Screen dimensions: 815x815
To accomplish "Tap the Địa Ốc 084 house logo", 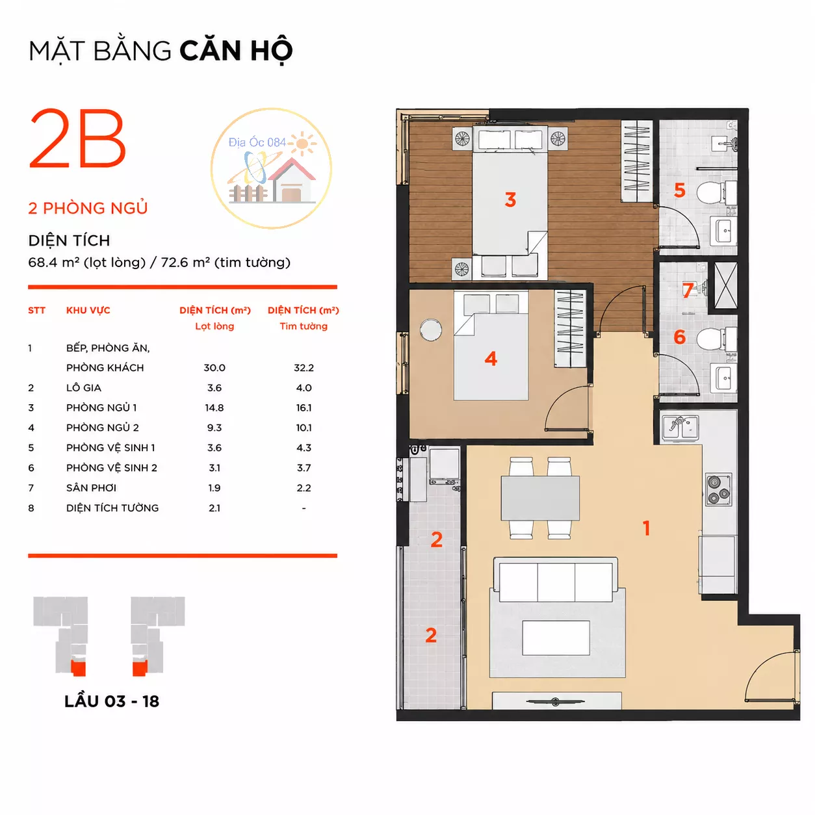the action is [271, 168].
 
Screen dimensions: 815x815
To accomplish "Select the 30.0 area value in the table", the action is [214, 368].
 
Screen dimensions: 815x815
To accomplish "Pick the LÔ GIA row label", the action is [84, 387].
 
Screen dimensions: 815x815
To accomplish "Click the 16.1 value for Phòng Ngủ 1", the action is [304, 407].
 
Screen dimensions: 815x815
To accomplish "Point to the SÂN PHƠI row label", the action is [91, 487].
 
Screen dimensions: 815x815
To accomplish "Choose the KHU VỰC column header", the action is [88, 311].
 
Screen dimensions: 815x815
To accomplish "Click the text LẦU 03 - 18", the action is [112, 701].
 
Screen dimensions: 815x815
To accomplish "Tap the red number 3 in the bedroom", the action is [510, 200].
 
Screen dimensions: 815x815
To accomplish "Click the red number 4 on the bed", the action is [491, 359].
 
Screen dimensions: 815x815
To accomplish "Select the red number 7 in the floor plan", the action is [688, 290].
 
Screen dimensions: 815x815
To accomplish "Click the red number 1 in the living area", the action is [646, 528].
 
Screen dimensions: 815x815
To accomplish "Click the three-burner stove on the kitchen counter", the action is [719, 489].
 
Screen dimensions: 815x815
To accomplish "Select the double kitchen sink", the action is [680, 428].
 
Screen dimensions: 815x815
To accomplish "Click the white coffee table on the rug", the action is [556, 638].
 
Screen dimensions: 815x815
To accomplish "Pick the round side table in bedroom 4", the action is [431, 330].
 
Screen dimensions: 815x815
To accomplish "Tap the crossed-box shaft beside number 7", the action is [726, 286].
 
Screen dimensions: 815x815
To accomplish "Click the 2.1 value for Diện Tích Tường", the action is [214, 508].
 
